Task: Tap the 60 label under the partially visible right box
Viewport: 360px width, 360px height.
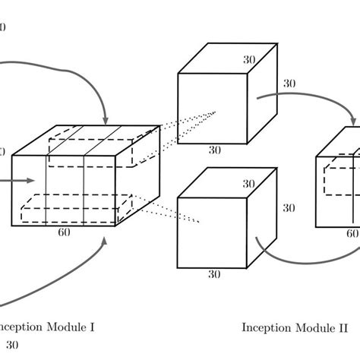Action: tap(352, 234)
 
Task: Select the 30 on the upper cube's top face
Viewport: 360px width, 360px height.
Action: tap(248, 58)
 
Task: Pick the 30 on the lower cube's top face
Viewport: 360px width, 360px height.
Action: tap(248, 184)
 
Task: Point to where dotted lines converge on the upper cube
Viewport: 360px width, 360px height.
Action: tap(216, 112)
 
